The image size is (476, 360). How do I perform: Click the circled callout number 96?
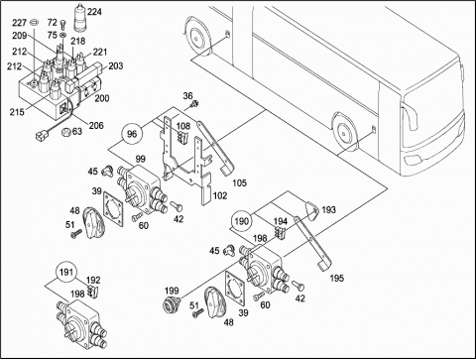(132, 134)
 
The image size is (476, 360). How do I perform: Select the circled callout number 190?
(241, 221)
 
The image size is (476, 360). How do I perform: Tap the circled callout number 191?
(66, 273)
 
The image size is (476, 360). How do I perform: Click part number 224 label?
(94, 12)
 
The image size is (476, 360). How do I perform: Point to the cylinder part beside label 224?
(79, 18)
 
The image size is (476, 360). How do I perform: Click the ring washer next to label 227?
(34, 23)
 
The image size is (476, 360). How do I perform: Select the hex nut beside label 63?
(65, 132)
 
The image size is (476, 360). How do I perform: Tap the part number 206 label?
(96, 125)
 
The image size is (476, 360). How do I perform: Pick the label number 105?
(239, 182)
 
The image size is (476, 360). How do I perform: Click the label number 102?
(220, 195)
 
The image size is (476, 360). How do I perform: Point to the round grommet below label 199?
(173, 303)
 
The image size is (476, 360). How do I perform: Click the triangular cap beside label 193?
(309, 209)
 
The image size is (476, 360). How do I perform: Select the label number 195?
(337, 278)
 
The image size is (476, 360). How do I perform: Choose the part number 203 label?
(115, 65)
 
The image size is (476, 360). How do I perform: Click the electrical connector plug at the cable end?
(41, 135)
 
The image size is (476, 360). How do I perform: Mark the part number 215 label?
(17, 112)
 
